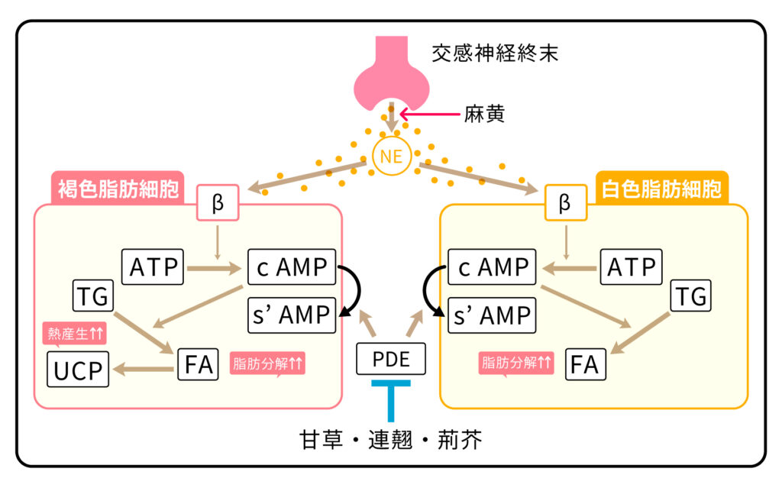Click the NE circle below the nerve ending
391,158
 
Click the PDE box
391,359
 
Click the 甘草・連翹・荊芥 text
391,441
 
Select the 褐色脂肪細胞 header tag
118,188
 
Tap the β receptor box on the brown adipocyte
218,204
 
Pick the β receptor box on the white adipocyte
564,204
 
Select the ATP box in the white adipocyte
631,266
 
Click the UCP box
79,370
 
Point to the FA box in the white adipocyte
585,364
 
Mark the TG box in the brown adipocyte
93,296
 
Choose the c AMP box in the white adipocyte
493,266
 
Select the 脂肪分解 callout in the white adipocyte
516,363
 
